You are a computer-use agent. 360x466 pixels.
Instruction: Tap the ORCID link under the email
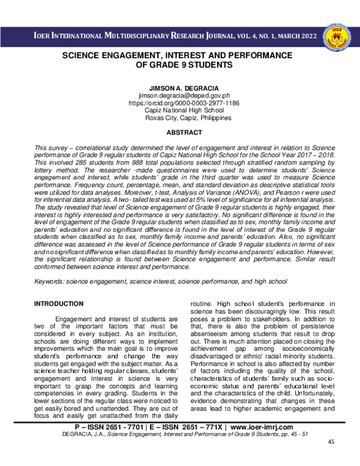point(179,103)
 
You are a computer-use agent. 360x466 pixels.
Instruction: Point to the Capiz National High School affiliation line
point(179,110)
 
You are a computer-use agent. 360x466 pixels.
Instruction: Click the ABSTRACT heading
point(179,133)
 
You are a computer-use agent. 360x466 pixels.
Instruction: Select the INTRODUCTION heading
point(59,304)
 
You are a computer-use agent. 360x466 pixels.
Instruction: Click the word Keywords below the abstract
point(49,281)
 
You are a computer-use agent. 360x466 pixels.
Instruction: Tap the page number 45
point(331,459)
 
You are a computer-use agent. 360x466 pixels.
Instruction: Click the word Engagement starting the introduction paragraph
point(76,318)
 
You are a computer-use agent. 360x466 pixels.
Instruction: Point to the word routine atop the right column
point(202,304)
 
